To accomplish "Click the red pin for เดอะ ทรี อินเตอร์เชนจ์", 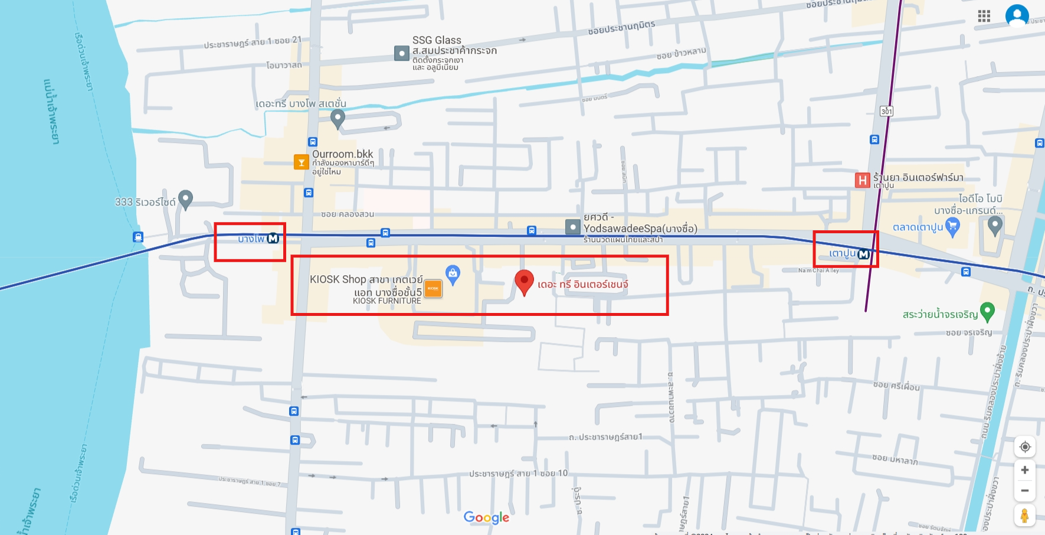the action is (x=524, y=282).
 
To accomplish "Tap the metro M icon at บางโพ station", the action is (x=273, y=239).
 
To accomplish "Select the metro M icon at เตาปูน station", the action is (x=863, y=254).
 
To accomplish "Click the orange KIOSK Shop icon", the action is (x=433, y=288).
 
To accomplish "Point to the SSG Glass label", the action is (x=437, y=40).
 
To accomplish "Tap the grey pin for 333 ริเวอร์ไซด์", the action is (x=185, y=199).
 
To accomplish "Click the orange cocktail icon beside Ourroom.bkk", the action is (x=301, y=162).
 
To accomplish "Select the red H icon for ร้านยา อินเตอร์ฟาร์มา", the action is (x=862, y=180).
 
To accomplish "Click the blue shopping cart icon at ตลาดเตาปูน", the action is (x=952, y=226).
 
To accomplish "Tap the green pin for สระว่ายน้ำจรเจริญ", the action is (x=987, y=311).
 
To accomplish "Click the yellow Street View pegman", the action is (x=1025, y=515).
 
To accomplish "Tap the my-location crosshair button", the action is (x=1025, y=447).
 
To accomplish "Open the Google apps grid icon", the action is (x=984, y=17).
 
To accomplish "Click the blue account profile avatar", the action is (x=1017, y=15).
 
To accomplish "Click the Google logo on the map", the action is (x=486, y=518).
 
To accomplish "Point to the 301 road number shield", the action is (x=886, y=111).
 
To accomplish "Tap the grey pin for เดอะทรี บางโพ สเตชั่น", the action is (x=338, y=118).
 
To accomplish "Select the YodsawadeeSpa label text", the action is (x=640, y=229).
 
